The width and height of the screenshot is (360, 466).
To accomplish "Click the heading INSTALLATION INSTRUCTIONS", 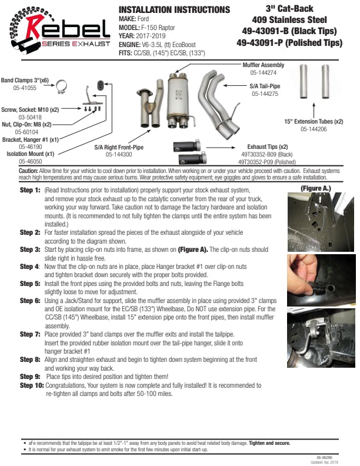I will tap(174, 9).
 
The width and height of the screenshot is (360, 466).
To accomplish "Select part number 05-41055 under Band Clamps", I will tap(24, 88).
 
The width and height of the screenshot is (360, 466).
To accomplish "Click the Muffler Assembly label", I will tap(263, 65).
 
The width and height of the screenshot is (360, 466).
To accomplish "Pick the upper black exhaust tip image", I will tap(188, 147).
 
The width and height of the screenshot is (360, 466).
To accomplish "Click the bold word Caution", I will tap(29, 171).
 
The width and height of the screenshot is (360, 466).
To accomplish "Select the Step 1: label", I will tap(30, 191).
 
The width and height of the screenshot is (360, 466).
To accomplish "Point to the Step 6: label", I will tap(30, 301).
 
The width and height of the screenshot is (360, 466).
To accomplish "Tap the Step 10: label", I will tap(32, 385).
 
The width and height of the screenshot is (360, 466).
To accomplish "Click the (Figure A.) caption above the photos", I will tap(316, 188).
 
